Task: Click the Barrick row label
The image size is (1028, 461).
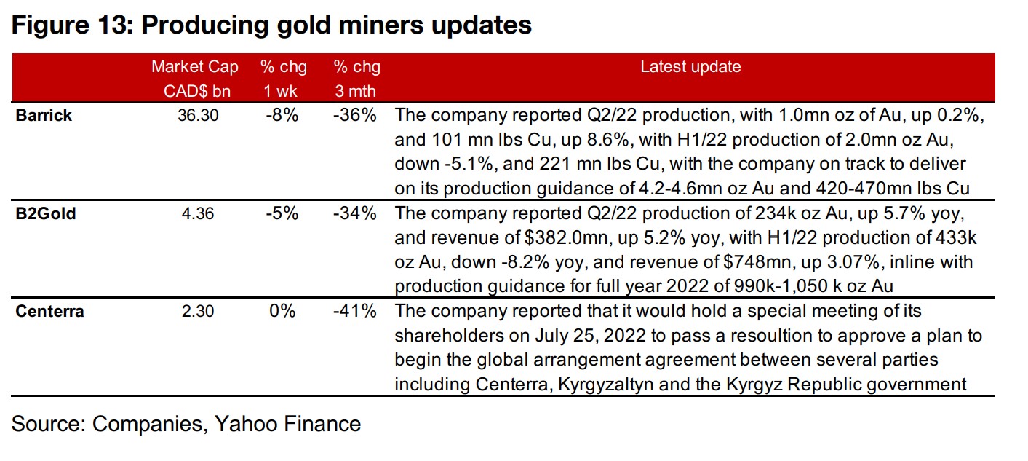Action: click(x=44, y=115)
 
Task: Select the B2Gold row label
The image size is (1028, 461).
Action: click(x=45, y=214)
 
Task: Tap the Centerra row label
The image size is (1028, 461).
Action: click(x=50, y=312)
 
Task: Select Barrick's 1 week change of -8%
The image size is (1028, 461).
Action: click(x=282, y=115)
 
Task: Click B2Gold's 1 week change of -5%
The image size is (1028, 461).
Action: click(x=282, y=214)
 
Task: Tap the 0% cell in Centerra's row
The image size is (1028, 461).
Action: click(x=282, y=312)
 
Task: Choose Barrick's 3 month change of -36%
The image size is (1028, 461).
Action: click(x=356, y=115)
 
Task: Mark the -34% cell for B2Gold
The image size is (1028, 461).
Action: click(x=356, y=214)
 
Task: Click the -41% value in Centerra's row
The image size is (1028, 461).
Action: click(x=356, y=312)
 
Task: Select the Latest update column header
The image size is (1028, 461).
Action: click(x=690, y=67)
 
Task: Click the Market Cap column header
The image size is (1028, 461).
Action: click(x=194, y=67)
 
